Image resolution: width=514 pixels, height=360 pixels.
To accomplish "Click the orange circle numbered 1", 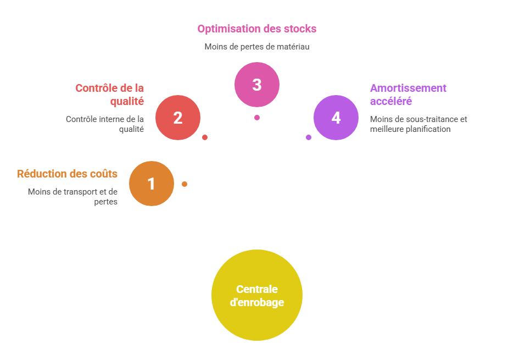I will click(x=152, y=184).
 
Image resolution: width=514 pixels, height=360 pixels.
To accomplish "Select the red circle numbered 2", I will click(x=178, y=118).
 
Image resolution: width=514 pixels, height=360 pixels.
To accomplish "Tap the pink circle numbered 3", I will click(x=257, y=85).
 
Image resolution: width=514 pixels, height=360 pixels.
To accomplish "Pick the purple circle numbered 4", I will click(x=336, y=118).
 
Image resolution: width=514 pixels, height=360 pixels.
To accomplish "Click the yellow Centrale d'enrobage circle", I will click(x=257, y=295).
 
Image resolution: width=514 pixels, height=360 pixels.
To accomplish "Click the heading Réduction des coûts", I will click(x=67, y=174).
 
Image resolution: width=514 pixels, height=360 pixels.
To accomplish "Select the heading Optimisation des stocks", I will click(x=257, y=29).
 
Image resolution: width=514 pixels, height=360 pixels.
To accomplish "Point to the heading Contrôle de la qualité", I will click(x=109, y=95).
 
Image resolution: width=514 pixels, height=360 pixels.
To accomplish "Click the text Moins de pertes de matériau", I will click(x=257, y=47).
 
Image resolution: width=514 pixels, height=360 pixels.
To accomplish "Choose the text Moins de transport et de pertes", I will click(x=72, y=197).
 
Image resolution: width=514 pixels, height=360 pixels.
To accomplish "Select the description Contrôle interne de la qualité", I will click(x=104, y=124).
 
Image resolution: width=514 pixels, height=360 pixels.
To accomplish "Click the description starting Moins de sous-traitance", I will click(x=418, y=124).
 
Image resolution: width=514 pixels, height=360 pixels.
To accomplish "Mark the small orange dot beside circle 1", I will click(x=185, y=184).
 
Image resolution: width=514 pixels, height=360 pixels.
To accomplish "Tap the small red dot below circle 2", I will click(x=205, y=137).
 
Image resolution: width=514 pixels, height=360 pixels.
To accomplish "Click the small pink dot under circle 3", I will click(x=257, y=118).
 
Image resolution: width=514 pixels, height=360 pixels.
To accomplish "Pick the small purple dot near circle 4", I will click(x=309, y=137).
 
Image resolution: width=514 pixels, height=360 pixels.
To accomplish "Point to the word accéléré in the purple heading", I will click(x=391, y=101).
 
